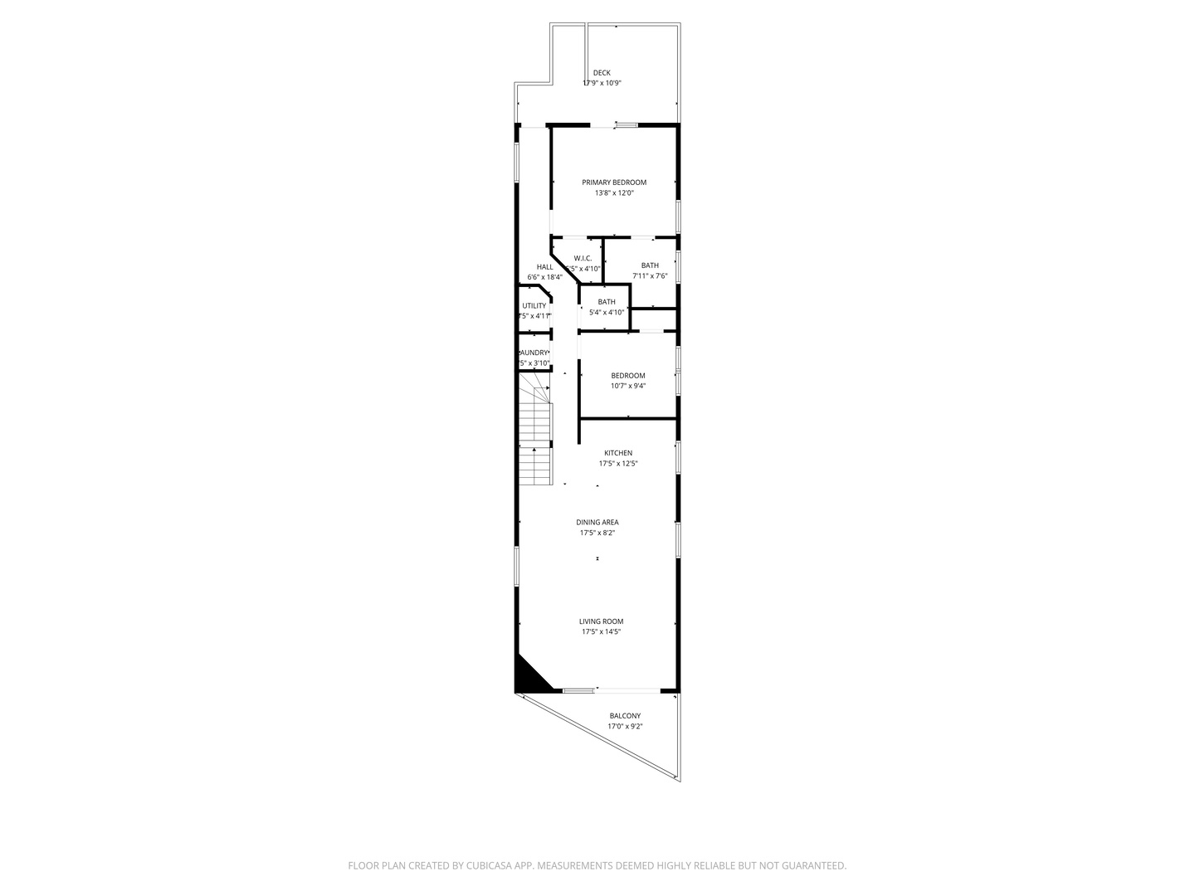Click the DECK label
pyautogui.click(x=602, y=73)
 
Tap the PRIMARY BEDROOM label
pyautogui.click(x=614, y=183)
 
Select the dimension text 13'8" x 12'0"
pyautogui.click(x=614, y=193)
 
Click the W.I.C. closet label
pyautogui.click(x=583, y=258)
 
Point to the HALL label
pyautogui.click(x=544, y=267)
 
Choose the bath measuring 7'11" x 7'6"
pyautogui.click(x=650, y=265)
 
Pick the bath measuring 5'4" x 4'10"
pyautogui.click(x=607, y=302)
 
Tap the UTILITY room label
pyautogui.click(x=534, y=306)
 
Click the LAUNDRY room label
pyautogui.click(x=534, y=353)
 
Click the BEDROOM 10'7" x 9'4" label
pyautogui.click(x=628, y=376)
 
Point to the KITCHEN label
pyautogui.click(x=618, y=453)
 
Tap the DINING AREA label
pyautogui.click(x=597, y=523)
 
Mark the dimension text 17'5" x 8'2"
pyautogui.click(x=597, y=533)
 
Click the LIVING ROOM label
pyautogui.click(x=602, y=621)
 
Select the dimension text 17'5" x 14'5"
pyautogui.click(x=602, y=632)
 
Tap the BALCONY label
pyautogui.click(x=625, y=716)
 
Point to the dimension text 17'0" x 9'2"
pyautogui.click(x=625, y=727)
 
